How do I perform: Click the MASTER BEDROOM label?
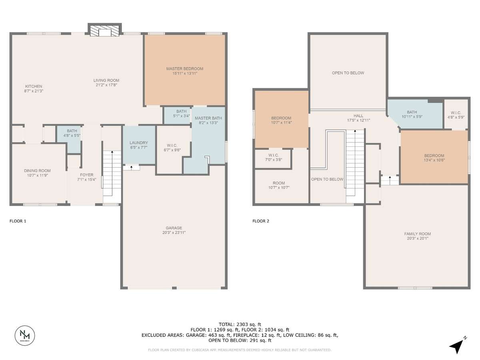185,69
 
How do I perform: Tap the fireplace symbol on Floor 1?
105,30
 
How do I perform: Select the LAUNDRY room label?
139,143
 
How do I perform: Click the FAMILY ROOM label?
418,234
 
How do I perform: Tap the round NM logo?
25,336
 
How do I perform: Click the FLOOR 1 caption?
18,221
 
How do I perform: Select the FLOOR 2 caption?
261,221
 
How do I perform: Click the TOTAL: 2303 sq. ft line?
240,324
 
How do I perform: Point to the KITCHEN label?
34,86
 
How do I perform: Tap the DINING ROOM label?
37,171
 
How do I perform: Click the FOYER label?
86,175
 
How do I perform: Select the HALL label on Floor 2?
358,116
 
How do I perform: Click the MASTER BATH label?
208,118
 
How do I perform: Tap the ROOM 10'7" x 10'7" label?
279,185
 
